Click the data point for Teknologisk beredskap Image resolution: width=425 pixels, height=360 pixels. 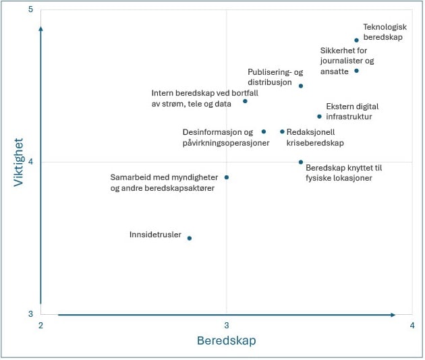coord(357,40)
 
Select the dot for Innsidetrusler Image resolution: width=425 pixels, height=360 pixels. coord(190,238)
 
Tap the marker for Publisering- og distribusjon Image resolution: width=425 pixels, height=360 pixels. coord(301,86)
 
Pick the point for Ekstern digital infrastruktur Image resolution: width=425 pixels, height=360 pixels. coord(320,117)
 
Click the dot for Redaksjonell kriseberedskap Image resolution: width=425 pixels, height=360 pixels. coord(282,131)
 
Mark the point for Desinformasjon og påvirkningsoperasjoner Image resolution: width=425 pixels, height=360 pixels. coord(264,131)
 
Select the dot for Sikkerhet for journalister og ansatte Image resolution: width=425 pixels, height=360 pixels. coord(357,71)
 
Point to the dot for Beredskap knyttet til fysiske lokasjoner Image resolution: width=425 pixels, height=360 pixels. coord(301,162)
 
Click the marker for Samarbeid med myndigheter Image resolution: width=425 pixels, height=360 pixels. coord(227,177)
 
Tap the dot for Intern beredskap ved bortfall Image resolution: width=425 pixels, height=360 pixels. coord(245,101)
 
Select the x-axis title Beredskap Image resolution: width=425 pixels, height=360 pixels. coord(226,340)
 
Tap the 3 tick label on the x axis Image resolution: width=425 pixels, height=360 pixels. coord(227,326)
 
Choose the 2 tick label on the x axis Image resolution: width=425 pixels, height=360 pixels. coord(41,326)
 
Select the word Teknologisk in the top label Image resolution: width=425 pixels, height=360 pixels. coord(385,27)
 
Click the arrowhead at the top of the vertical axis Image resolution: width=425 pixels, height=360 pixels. coord(41,29)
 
